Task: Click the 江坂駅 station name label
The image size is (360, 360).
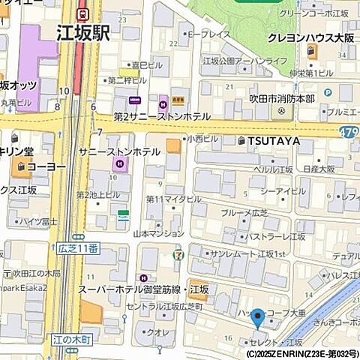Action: (x=83, y=33)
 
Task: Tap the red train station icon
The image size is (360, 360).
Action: (x=83, y=13)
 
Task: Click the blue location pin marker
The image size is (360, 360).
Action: (x=257, y=318)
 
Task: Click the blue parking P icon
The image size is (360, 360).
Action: (x=328, y=93)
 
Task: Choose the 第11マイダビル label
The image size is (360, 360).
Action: (x=173, y=199)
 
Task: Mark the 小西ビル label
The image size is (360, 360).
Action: (x=202, y=139)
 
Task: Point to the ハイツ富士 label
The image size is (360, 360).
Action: (x=38, y=220)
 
